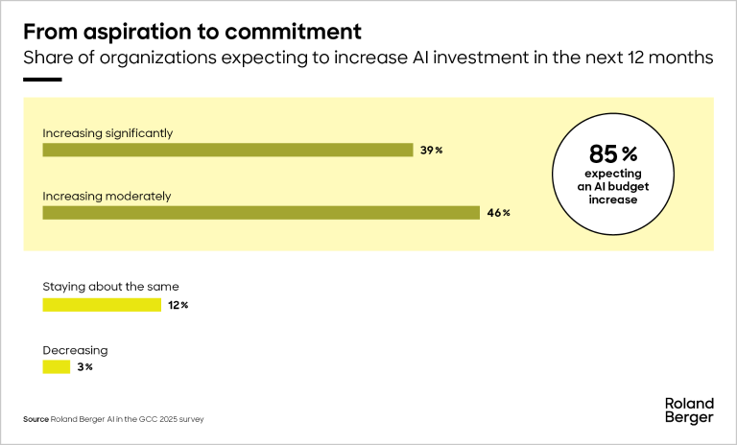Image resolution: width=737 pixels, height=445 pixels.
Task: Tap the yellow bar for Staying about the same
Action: [x=102, y=305]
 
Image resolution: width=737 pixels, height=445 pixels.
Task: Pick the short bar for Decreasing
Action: [x=57, y=367]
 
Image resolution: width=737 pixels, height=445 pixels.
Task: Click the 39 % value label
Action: [x=431, y=151]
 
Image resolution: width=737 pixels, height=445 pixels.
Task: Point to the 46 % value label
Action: [x=498, y=213]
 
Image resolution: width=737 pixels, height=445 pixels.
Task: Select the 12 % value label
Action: [x=178, y=305]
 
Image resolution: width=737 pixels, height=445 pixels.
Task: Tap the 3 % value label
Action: [x=83, y=367]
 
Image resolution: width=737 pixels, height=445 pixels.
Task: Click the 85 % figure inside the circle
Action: [x=611, y=153]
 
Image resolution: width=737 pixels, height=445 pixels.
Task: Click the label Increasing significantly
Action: [x=107, y=133]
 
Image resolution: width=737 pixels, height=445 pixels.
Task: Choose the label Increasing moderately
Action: [x=107, y=196]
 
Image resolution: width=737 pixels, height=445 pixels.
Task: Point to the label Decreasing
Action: [x=75, y=350]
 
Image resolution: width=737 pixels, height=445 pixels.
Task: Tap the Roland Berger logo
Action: [x=689, y=410]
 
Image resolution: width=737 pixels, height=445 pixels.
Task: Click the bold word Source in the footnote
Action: [x=36, y=419]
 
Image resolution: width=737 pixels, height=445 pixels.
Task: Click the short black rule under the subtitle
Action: [x=42, y=80]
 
